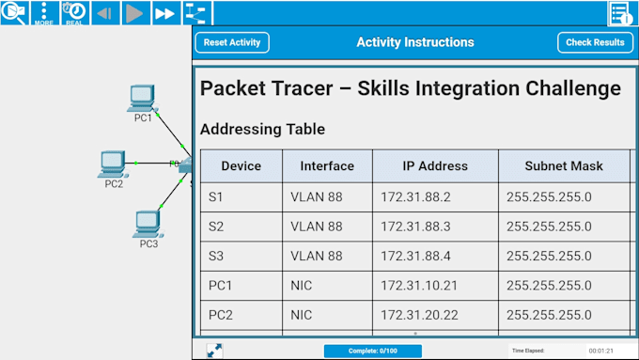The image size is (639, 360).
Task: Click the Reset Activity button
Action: point(232,42)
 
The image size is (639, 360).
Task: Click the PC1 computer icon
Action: point(142,97)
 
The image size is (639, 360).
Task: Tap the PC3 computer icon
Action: point(148,223)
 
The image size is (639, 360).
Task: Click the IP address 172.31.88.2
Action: point(416,197)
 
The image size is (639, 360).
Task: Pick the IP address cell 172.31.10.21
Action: point(419,285)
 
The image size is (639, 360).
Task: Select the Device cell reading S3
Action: point(216,256)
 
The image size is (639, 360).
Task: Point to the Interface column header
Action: point(327,166)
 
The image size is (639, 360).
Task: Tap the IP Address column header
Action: point(435,166)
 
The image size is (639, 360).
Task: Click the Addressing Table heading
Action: point(262,129)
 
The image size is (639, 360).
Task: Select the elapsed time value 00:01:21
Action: point(601,351)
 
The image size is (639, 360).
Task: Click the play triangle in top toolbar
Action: point(134,13)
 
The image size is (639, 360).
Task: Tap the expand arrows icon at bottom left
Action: point(214,350)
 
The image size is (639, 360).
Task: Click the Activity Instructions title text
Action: point(414,42)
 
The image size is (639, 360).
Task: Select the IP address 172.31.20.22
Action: point(419,315)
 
